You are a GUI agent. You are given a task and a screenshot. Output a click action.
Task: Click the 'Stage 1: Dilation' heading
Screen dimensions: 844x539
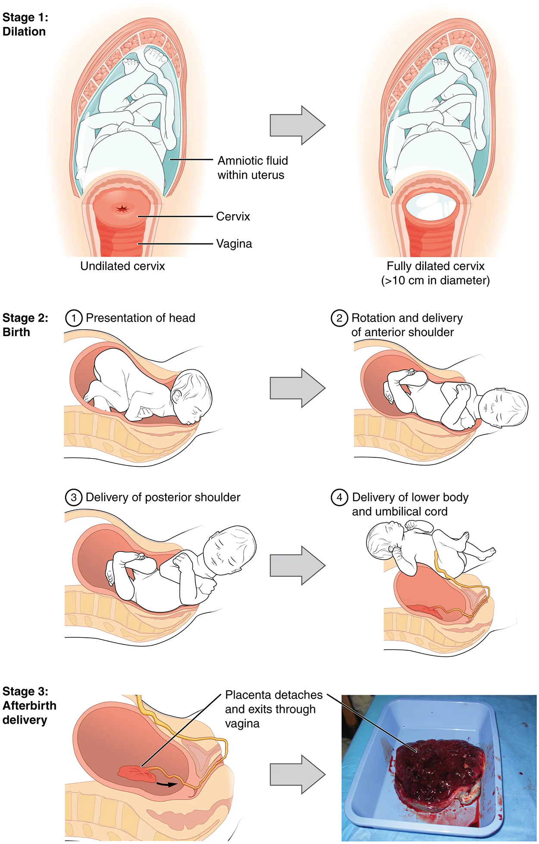[25, 25]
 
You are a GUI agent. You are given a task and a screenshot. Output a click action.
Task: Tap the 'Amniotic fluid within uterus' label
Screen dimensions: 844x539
[252, 168]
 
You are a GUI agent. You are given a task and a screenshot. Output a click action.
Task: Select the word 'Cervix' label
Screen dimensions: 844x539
[233, 217]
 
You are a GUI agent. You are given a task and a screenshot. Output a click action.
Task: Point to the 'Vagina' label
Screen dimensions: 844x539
[234, 244]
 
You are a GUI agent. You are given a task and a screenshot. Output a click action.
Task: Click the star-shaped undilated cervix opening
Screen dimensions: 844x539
[123, 209]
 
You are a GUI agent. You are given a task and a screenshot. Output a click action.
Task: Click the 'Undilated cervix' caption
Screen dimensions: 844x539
[122, 266]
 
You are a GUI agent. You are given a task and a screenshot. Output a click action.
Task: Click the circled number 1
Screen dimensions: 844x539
[74, 318]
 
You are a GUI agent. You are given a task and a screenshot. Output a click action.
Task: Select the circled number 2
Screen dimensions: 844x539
[339, 318]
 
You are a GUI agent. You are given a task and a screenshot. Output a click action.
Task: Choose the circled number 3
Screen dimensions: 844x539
[74, 498]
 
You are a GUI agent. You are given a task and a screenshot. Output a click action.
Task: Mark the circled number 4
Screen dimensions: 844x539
[339, 498]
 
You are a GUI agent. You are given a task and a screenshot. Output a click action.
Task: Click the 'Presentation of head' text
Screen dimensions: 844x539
[141, 318]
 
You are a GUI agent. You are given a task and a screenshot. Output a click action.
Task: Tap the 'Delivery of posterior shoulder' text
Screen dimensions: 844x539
[163, 498]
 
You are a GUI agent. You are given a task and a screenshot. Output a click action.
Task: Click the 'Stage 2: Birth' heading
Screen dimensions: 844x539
[25, 325]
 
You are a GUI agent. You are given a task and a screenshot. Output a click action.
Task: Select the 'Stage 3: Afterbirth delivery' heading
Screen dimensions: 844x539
[29, 705]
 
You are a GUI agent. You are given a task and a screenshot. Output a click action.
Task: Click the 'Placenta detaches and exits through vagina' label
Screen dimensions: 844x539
[273, 709]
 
